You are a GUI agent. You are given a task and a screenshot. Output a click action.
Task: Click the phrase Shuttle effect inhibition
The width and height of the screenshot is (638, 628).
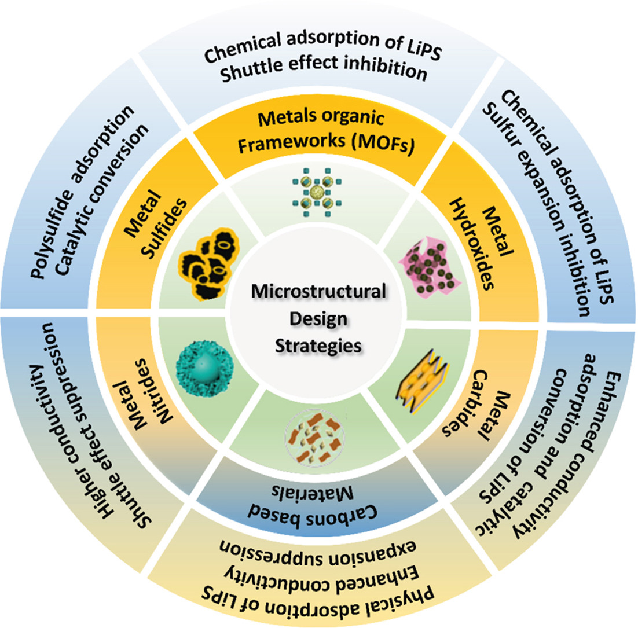[x=319, y=73]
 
